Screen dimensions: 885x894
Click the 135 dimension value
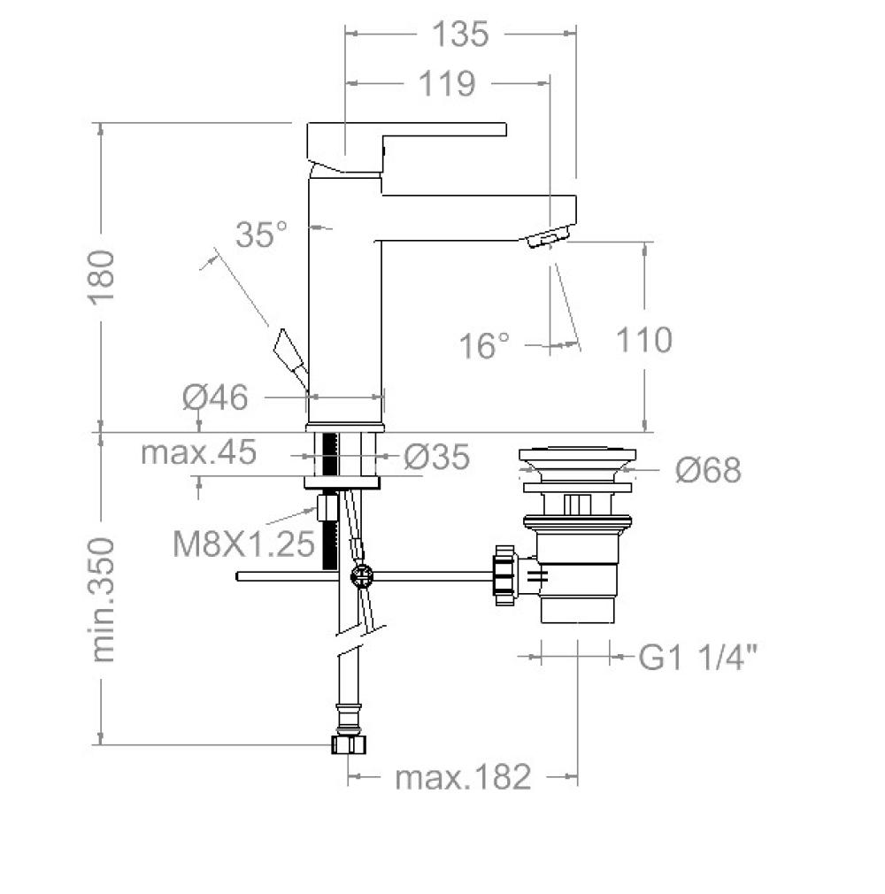coord(460,35)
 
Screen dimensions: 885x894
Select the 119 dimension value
coord(447,84)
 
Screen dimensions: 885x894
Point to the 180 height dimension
coord(102,277)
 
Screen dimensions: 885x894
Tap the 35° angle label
coord(262,234)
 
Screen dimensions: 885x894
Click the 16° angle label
coord(484,345)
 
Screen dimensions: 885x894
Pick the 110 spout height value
coord(643,340)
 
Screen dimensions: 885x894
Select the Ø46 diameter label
coord(216,397)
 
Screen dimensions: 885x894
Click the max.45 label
coord(198,452)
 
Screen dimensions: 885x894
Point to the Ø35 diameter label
coord(437,457)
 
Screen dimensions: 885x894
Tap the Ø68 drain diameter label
coord(708,470)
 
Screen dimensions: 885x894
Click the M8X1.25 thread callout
coord(243,543)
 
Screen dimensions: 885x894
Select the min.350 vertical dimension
coord(103,600)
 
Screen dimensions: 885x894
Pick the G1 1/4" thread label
coord(698,657)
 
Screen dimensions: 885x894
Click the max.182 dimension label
coord(463,776)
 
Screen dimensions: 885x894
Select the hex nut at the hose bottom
coord(349,744)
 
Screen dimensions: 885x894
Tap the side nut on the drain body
coord(505,575)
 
